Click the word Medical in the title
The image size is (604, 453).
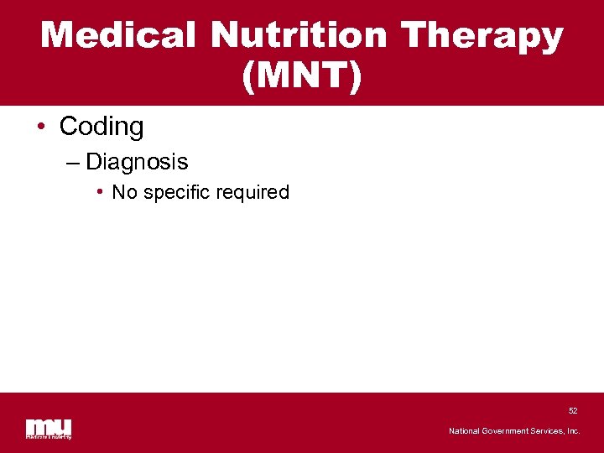[119, 36]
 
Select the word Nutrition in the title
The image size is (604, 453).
[299, 36]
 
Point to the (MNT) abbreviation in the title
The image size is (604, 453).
[302, 77]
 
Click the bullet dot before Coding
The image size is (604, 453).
[41, 128]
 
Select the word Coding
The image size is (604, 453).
[102, 127]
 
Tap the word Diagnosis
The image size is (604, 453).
[137, 162]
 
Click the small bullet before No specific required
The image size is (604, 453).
[100, 192]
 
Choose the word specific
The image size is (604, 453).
[176, 192]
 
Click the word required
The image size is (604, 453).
[252, 192]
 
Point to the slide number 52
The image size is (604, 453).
[573, 411]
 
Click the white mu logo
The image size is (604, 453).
[49, 425]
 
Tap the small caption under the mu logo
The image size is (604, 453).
[49, 436]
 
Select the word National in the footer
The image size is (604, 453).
[464, 431]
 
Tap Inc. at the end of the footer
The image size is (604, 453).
[573, 431]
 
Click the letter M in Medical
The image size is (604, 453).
[57, 36]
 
